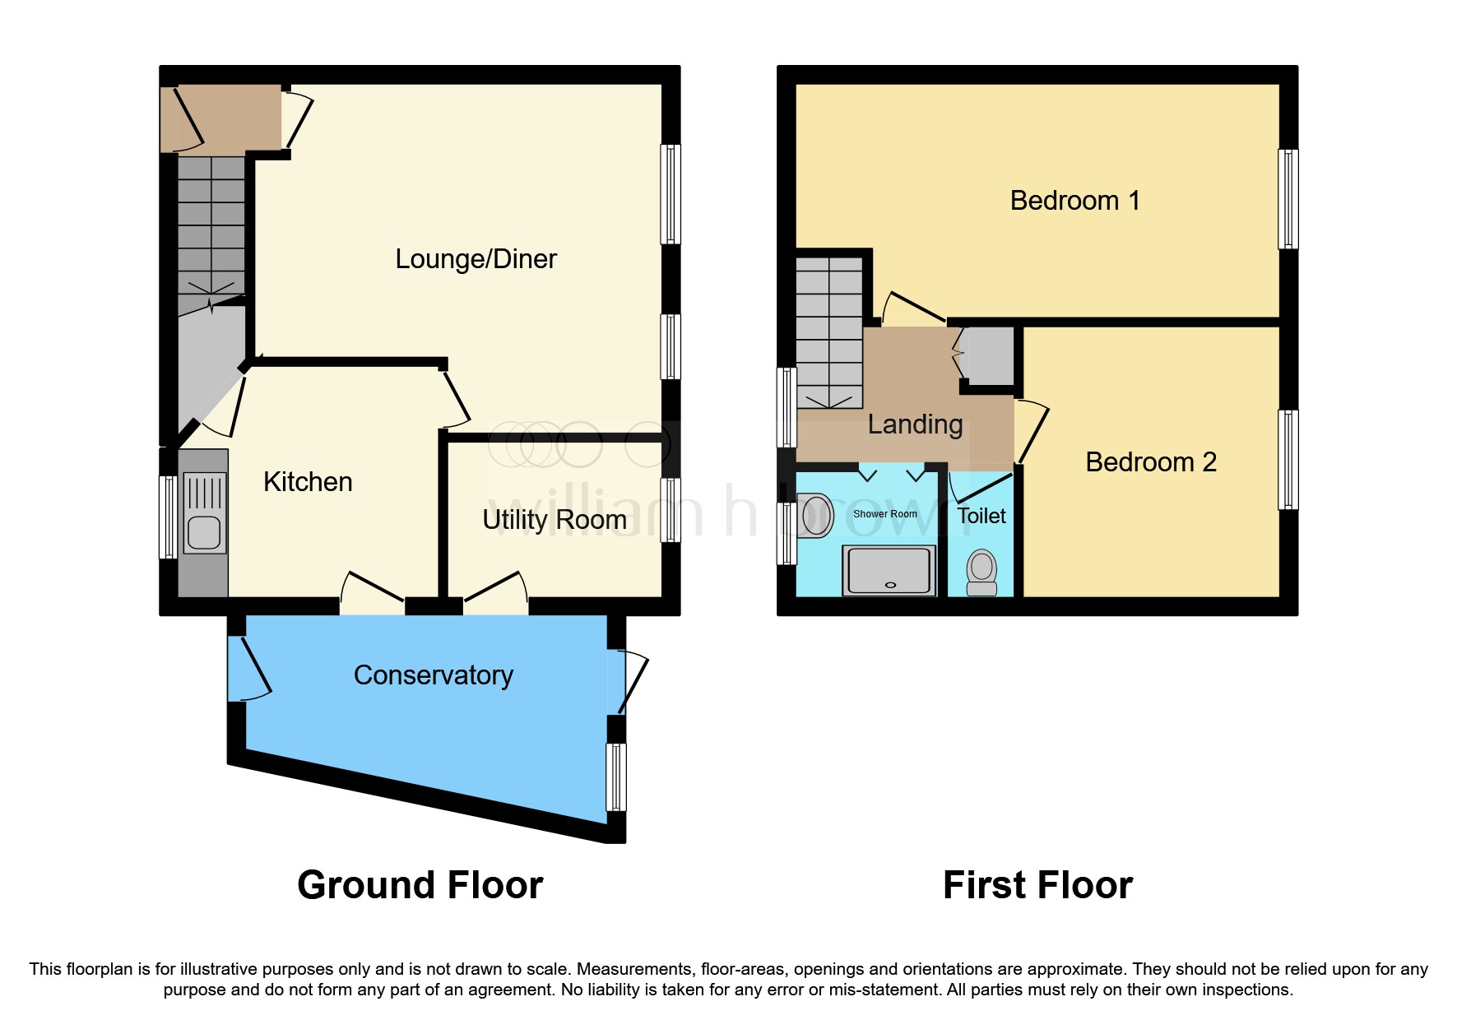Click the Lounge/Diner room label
point(476,259)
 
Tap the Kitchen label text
point(308,482)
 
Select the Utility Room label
point(554,520)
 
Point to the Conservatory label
point(434,675)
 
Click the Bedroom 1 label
point(1075,201)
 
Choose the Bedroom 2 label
point(1151,462)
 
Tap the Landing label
point(915,424)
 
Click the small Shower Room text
point(885,514)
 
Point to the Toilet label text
point(981,516)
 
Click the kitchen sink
point(204,512)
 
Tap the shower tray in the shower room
point(889,570)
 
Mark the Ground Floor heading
point(420,885)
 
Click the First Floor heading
point(1038,885)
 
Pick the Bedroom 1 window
point(1288,199)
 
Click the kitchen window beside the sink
point(168,517)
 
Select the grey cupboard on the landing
point(991,356)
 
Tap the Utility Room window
point(671,510)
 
